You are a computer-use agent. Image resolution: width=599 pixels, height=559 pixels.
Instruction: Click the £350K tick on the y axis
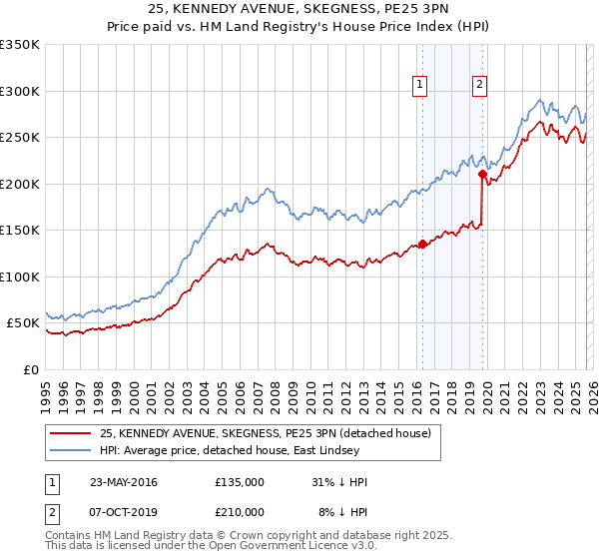[20, 45]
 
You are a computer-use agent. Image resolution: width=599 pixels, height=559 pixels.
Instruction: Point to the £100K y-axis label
[20, 277]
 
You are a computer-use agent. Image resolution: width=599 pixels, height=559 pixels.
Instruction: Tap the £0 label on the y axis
[30, 369]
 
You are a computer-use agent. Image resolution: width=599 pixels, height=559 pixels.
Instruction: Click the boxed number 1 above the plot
[421, 86]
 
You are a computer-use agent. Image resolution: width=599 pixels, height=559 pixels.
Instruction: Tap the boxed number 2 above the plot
[480, 86]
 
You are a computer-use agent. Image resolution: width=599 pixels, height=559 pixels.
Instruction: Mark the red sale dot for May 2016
[422, 244]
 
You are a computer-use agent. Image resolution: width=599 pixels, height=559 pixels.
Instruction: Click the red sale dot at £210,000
[482, 175]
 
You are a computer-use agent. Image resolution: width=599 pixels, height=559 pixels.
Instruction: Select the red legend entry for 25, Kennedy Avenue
[265, 433]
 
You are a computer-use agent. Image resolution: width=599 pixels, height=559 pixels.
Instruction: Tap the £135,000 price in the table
[240, 482]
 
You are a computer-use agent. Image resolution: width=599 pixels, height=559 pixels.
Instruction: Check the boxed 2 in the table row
[52, 511]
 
